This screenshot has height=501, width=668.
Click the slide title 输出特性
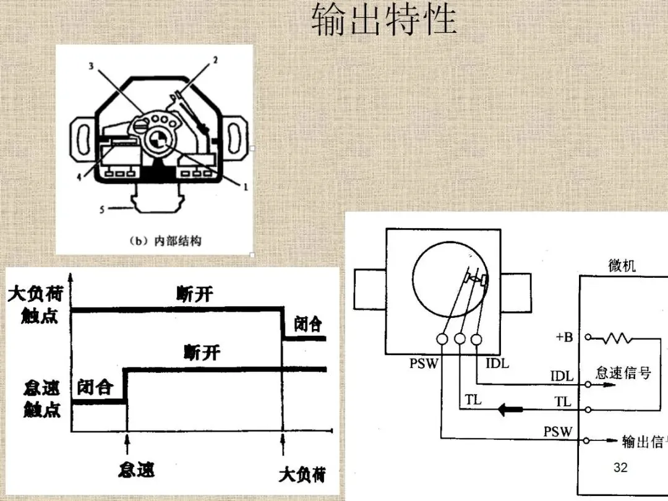[383, 21]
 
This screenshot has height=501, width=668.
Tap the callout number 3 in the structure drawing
[91, 66]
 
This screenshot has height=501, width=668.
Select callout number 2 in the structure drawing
[215, 60]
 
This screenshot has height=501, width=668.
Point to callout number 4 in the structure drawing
[79, 177]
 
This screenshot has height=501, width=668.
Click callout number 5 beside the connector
[103, 210]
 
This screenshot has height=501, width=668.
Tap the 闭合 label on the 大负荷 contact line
[307, 324]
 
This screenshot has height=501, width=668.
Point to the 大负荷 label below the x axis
[302, 475]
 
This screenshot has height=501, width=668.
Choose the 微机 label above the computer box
[622, 266]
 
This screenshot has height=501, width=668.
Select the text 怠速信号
[623, 373]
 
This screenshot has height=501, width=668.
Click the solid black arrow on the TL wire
[511, 409]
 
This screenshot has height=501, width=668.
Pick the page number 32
[620, 468]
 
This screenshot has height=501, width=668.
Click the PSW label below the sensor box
[423, 364]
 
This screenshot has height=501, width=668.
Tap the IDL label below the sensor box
[497, 364]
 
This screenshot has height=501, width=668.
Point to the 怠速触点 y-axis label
[41, 399]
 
